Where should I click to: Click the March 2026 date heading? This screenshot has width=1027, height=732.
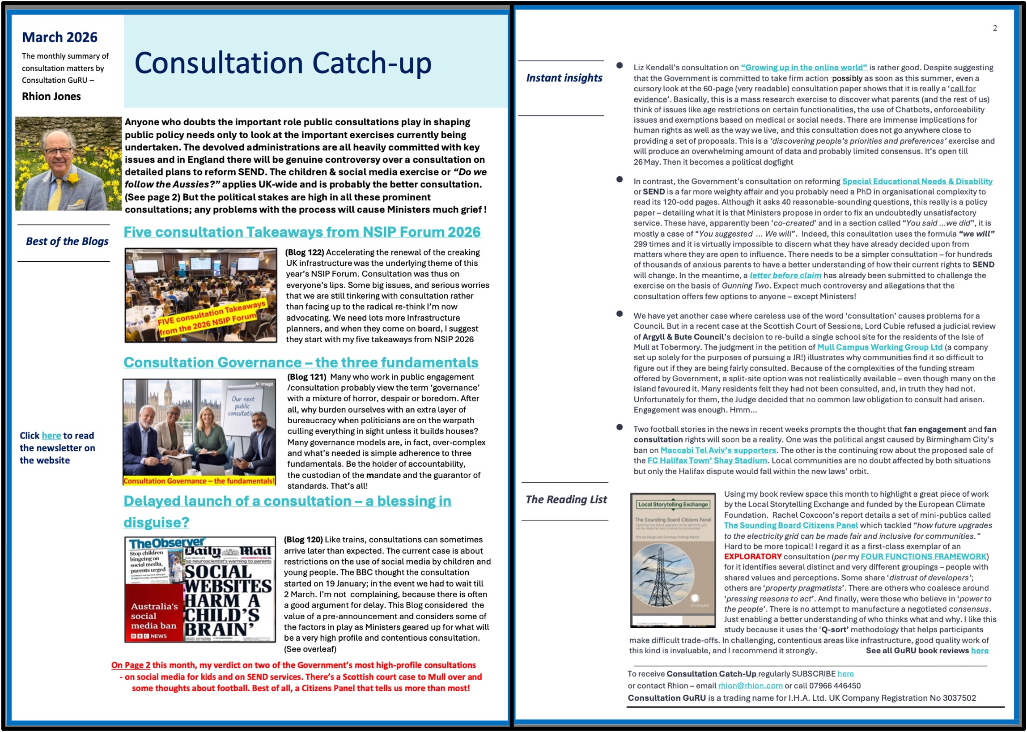click(x=59, y=37)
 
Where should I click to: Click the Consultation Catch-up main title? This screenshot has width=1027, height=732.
click(x=283, y=63)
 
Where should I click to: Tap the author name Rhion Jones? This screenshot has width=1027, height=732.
click(x=51, y=97)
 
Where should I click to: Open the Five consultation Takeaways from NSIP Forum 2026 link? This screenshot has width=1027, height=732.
click(x=302, y=232)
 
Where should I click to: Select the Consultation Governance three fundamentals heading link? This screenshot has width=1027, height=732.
click(x=301, y=362)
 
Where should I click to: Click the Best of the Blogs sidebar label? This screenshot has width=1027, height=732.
click(x=67, y=241)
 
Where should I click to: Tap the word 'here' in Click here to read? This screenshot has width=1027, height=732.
click(x=51, y=435)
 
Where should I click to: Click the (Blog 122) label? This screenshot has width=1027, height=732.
click(x=304, y=252)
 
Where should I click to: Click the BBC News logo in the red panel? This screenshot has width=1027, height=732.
click(x=149, y=636)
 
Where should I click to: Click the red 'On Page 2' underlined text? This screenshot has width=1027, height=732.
click(x=131, y=665)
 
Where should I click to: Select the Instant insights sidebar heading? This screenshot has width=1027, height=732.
click(x=564, y=78)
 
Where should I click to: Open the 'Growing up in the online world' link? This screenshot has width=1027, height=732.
click(x=803, y=68)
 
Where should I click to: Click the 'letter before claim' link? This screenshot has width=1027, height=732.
click(x=785, y=276)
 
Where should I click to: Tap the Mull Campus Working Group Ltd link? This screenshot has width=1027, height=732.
click(x=880, y=347)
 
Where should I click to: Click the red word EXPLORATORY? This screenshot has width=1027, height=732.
click(x=752, y=557)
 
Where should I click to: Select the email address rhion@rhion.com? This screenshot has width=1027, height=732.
click(x=750, y=685)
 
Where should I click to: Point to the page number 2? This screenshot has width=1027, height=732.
click(x=994, y=28)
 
